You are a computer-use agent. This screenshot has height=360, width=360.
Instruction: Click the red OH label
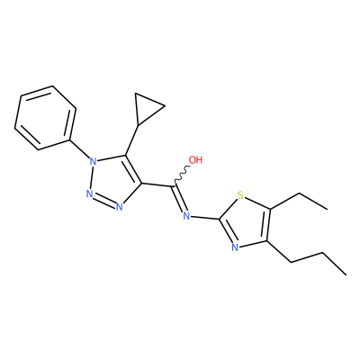[195, 160]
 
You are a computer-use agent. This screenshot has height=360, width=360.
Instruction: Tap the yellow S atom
[240, 195]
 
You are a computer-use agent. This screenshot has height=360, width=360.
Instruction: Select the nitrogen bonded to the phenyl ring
[94, 162]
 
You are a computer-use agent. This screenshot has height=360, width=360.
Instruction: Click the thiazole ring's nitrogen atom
[235, 247]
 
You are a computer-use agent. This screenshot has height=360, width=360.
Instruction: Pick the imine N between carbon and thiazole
[186, 215]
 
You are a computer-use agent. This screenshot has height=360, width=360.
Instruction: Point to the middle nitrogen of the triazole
[89, 193]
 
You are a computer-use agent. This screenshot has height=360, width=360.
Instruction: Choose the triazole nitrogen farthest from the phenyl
[119, 207]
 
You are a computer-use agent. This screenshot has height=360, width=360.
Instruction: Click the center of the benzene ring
[45, 118]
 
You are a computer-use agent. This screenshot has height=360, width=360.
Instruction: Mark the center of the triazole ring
[114, 181]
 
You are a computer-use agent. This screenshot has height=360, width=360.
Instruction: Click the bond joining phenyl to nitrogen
[79, 149]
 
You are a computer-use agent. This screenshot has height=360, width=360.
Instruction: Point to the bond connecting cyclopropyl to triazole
[131, 140]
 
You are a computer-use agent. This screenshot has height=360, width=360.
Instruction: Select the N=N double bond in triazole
[104, 200]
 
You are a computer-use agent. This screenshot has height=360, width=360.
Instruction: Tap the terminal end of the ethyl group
[328, 209]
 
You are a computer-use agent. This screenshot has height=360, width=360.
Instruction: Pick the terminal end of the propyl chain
[346, 274]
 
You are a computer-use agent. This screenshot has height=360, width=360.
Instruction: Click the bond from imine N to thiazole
[205, 217]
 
